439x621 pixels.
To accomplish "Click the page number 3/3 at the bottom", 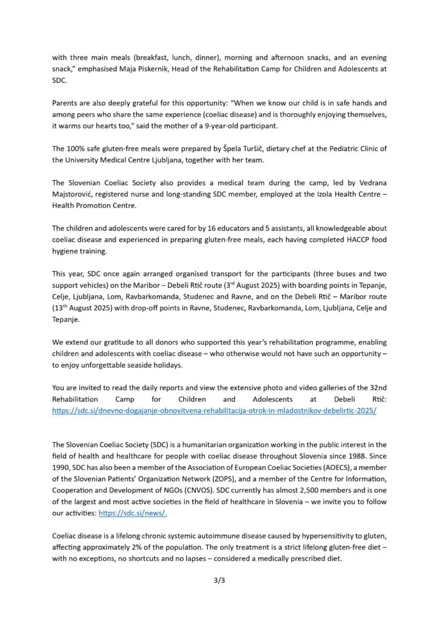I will tap(219, 580).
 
